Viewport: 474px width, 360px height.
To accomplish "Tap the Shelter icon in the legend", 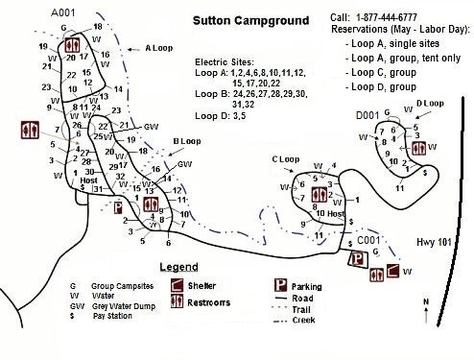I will pos(178,285).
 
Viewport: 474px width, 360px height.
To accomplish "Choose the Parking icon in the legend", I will pos(283,285).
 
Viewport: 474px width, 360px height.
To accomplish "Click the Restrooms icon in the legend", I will pos(178,301).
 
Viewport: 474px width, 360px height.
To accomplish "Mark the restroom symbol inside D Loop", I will pos(416,149).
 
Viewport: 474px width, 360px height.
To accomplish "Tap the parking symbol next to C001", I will pos(357,258).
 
